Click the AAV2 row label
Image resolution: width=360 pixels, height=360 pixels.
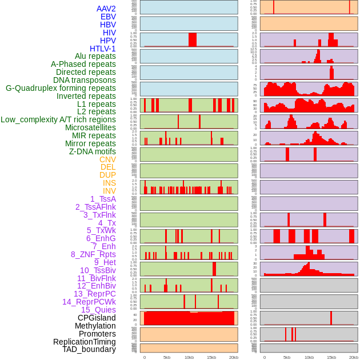(106, 9)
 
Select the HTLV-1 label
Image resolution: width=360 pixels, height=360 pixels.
(102, 49)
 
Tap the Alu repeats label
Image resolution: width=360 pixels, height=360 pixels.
(95, 56)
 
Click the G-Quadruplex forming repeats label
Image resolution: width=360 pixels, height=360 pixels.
(61, 88)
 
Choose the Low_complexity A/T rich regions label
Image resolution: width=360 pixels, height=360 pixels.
(58, 119)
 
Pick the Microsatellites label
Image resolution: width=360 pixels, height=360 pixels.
(90, 127)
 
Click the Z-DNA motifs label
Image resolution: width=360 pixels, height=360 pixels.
(92, 151)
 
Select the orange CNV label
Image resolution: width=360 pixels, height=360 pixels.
(107, 159)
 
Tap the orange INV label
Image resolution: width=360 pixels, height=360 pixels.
(109, 191)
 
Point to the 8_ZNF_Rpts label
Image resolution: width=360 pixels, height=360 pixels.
(93, 254)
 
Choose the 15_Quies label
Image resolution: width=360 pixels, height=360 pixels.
(98, 310)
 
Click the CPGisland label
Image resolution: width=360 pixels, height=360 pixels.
(97, 318)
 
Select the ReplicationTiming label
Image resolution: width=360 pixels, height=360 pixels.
(84, 342)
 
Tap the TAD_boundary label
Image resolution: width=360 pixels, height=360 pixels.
(89, 349)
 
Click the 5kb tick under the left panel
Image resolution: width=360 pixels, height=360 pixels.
(167, 357)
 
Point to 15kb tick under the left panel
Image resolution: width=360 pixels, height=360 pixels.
(211, 357)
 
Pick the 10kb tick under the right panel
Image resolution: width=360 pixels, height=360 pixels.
(309, 357)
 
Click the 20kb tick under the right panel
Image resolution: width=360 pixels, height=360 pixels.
(354, 357)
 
